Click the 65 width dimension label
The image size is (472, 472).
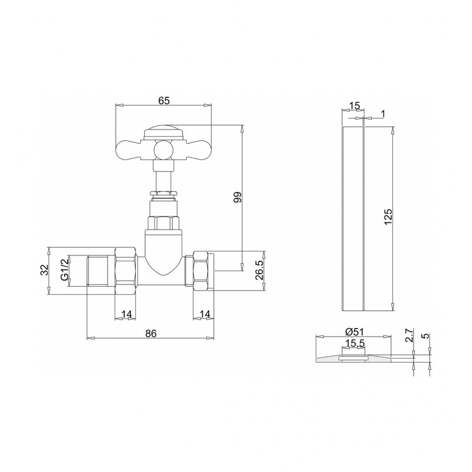163,101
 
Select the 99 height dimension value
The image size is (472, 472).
237,197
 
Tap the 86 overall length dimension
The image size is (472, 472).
151,333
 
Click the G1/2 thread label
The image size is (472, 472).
64,271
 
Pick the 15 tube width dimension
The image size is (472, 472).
354,105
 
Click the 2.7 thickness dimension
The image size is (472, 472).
409,336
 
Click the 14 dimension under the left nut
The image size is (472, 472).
126,314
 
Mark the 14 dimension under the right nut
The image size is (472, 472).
205,314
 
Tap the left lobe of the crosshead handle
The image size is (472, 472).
128,147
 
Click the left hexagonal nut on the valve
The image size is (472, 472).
126,271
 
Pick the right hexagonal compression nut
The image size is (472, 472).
200,271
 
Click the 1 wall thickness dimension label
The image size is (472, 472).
383,114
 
